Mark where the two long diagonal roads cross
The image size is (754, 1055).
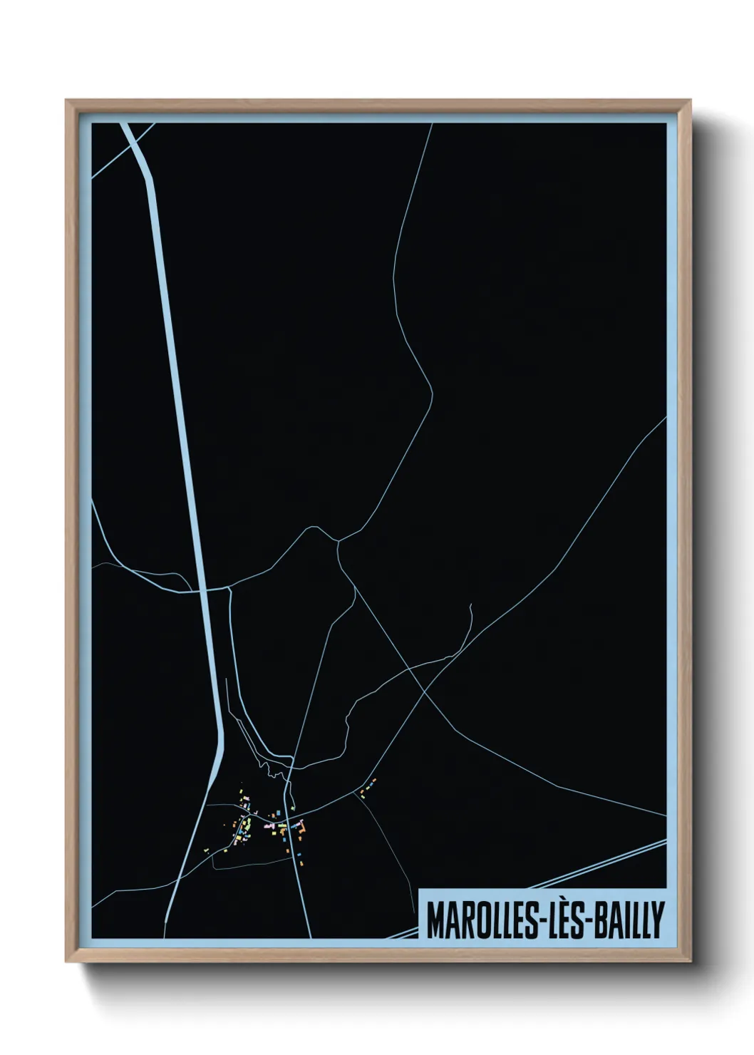click(425, 689)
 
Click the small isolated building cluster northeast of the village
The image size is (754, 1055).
click(367, 787)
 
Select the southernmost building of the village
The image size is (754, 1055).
click(302, 865)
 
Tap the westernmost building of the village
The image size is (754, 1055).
click(207, 850)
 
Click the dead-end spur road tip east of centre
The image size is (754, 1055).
click(471, 604)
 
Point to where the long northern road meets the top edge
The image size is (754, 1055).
click(433, 124)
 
